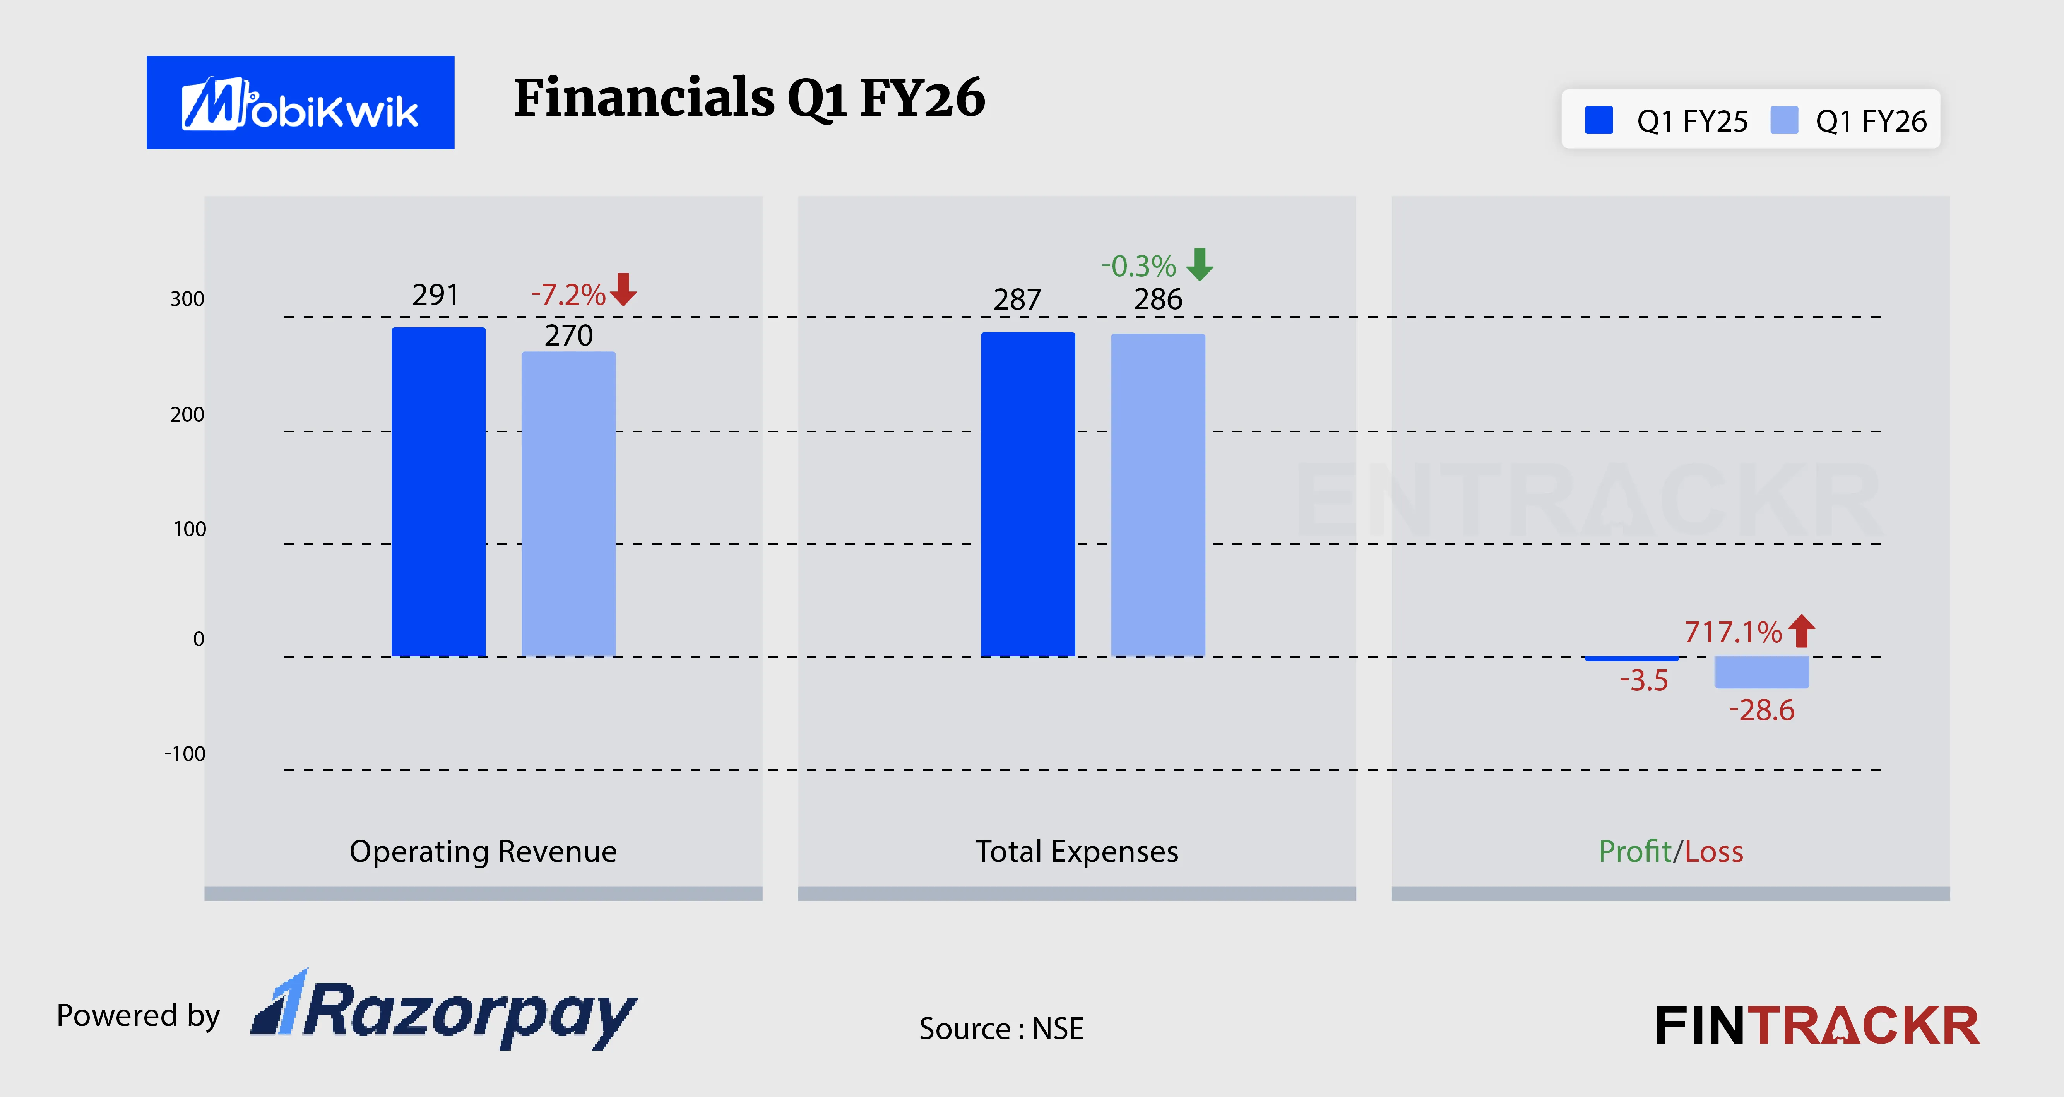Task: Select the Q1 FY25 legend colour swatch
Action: pyautogui.click(x=1598, y=120)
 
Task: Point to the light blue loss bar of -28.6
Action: pyautogui.click(x=1761, y=671)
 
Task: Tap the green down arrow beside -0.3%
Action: pyautogui.click(x=1200, y=264)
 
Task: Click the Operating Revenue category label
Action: pyautogui.click(x=483, y=851)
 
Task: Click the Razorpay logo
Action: pyautogui.click(x=445, y=1011)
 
